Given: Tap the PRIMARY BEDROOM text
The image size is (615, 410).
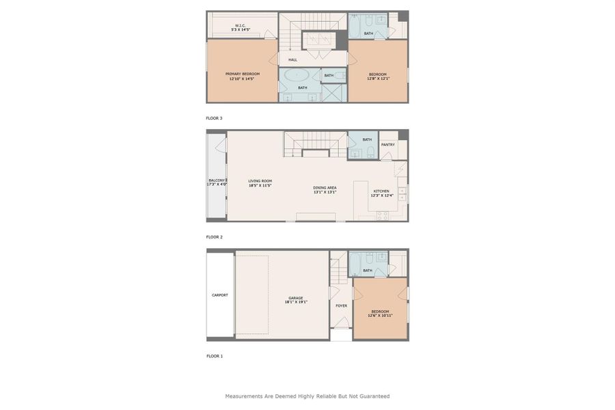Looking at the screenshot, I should pyautogui.click(x=242, y=74).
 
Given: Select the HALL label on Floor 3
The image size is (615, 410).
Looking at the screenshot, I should pyautogui.click(x=292, y=59).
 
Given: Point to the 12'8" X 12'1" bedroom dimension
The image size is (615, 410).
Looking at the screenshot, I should pyautogui.click(x=378, y=79).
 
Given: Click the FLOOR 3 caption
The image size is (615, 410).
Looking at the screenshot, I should pyautogui.click(x=215, y=118).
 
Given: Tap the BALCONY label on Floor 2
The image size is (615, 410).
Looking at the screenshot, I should pyautogui.click(x=217, y=180).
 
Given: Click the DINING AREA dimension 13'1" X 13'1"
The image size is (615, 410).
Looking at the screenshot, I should pyautogui.click(x=325, y=192).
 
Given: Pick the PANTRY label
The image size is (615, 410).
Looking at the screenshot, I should pyautogui.click(x=387, y=145).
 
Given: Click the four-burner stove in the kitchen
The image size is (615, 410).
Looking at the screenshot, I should pyautogui.click(x=383, y=215).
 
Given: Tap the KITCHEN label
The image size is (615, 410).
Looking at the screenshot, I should pyautogui.click(x=381, y=191).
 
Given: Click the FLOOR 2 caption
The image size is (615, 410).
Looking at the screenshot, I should pyautogui.click(x=215, y=237).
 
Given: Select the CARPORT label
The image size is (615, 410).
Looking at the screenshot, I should pyautogui.click(x=219, y=295).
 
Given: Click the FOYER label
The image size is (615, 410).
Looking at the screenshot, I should pyautogui.click(x=341, y=305).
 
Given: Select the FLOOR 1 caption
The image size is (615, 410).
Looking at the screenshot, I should pyautogui.click(x=215, y=356).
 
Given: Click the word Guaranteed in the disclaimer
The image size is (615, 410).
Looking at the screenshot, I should pyautogui.click(x=372, y=396).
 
